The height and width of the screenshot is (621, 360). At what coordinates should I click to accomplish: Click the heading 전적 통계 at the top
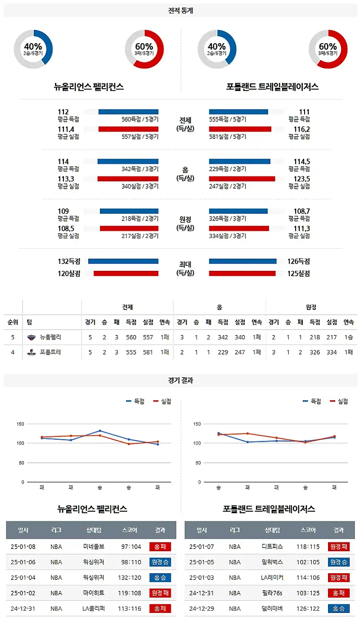[180, 10]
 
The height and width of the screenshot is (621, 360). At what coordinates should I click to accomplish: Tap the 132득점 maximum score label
[69, 261]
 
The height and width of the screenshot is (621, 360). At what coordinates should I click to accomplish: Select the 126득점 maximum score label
[299, 261]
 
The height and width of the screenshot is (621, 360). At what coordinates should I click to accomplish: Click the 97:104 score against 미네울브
[131, 547]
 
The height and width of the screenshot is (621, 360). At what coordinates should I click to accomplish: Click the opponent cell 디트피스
[272, 547]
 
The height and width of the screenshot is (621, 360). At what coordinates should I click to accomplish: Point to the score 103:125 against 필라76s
[310, 593]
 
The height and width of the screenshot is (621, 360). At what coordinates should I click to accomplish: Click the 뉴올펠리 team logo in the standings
[31, 337]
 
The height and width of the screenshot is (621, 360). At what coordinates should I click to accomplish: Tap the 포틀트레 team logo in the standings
[31, 352]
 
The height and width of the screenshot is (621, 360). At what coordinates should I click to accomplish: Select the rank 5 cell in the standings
[13, 337]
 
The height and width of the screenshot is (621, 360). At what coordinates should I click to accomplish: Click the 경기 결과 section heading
[180, 380]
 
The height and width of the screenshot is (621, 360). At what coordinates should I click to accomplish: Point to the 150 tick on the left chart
[20, 424]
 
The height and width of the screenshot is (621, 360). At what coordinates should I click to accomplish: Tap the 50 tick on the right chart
[198, 463]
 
